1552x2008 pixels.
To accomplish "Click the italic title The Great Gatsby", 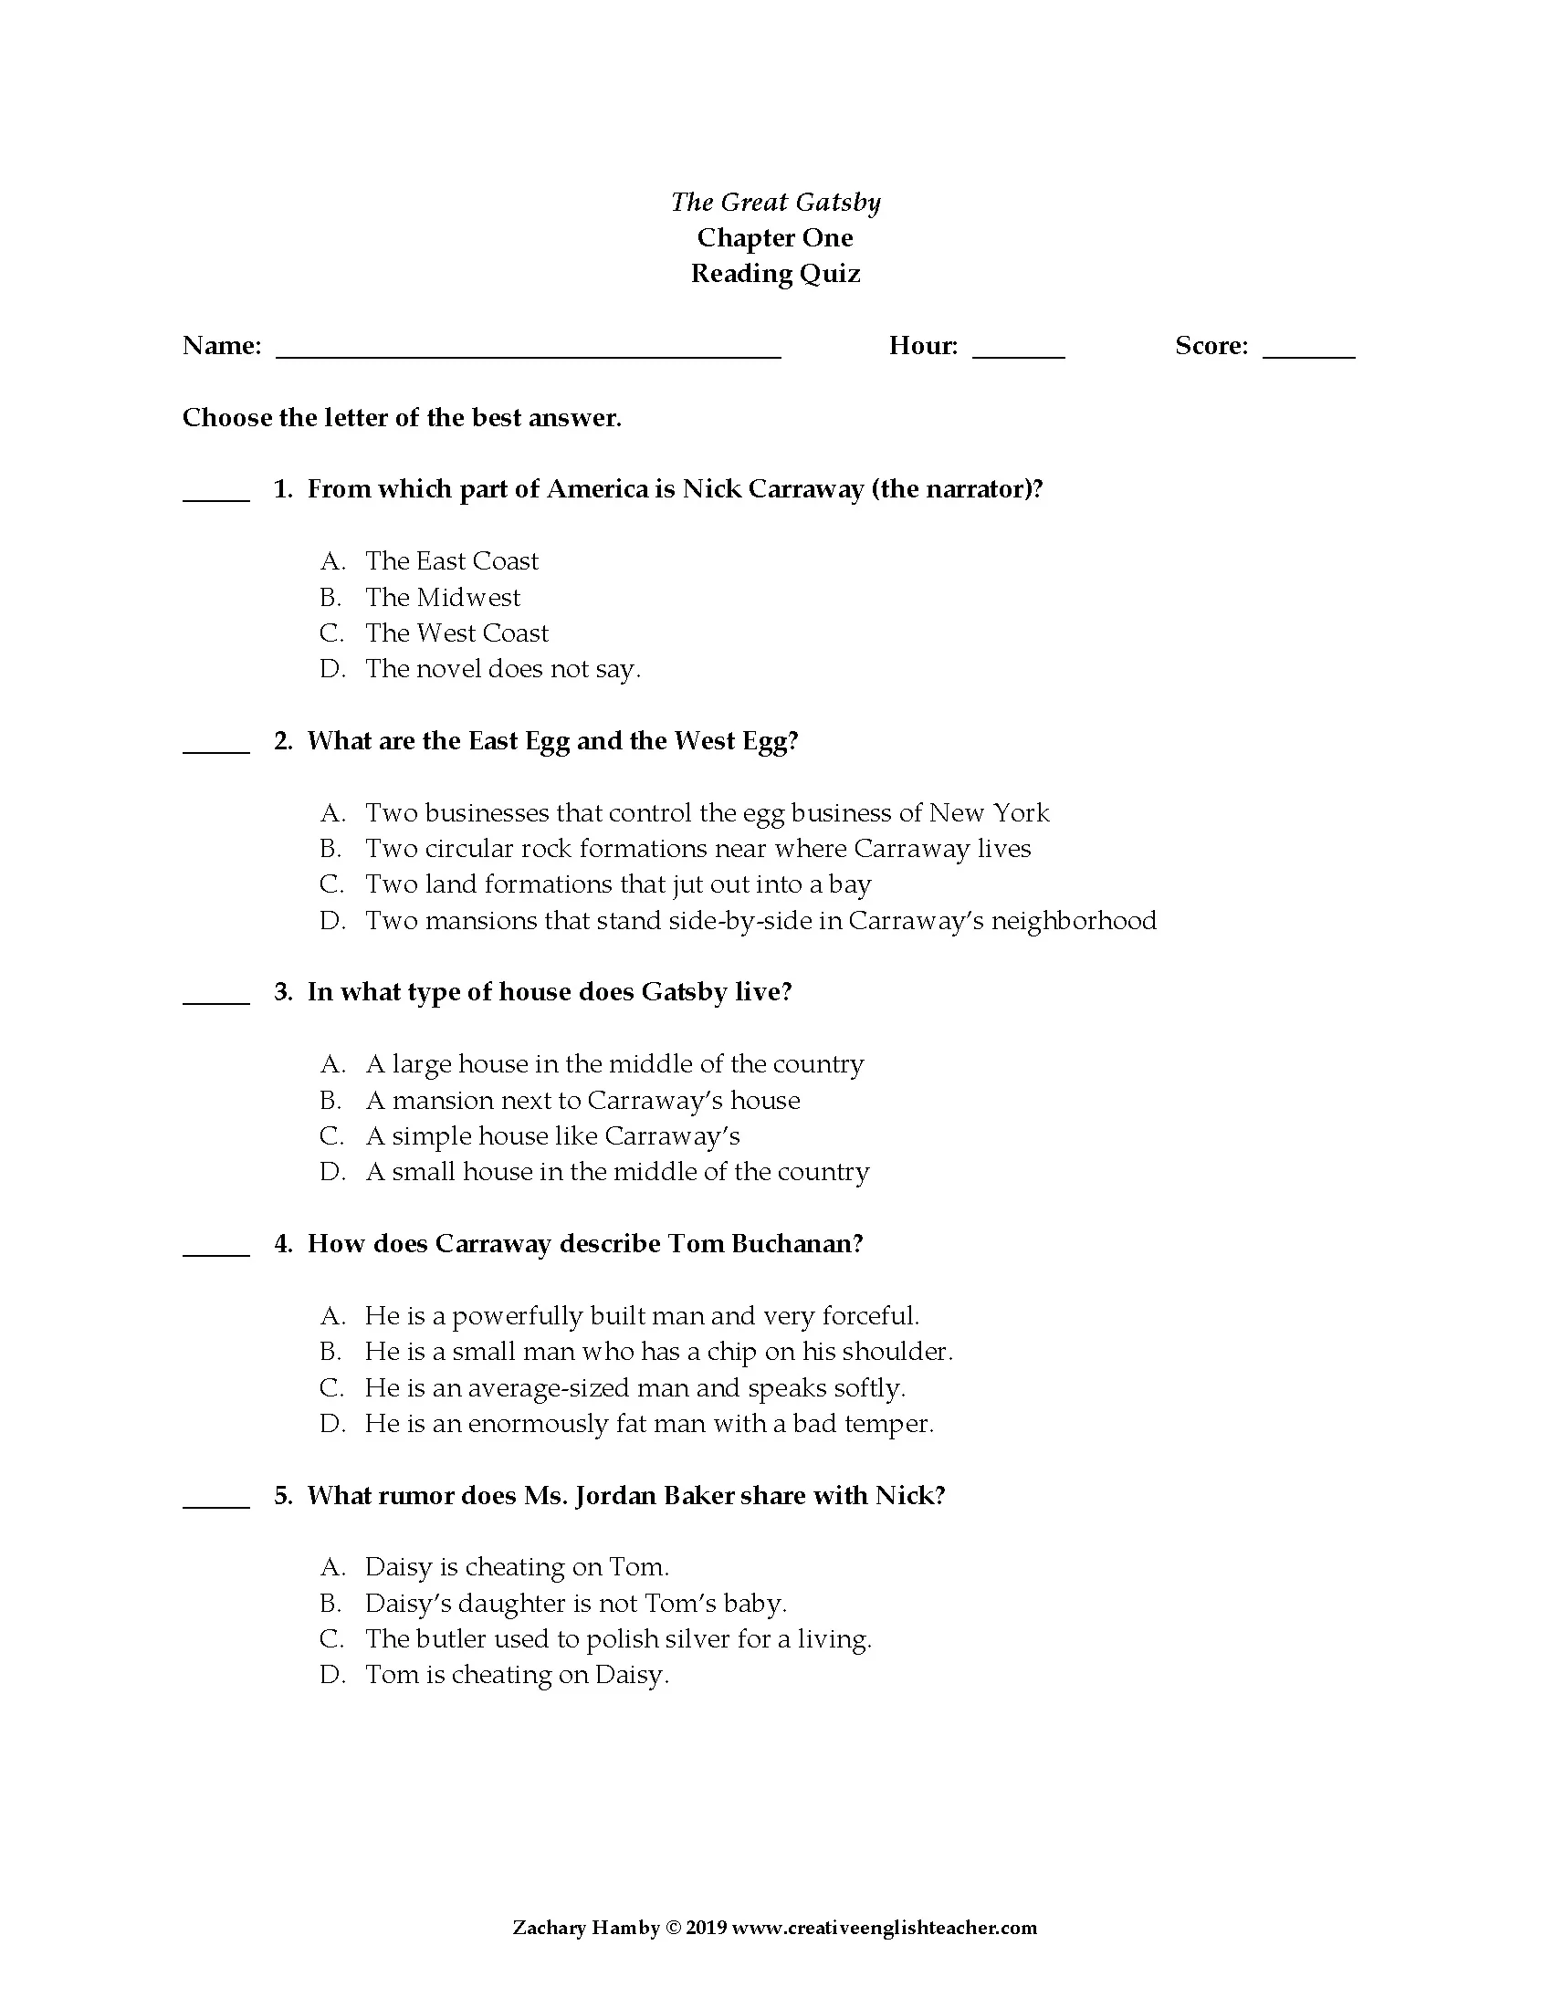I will pos(775,202).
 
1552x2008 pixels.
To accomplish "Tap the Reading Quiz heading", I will pos(775,273).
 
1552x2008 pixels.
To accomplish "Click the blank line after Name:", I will pos(528,352).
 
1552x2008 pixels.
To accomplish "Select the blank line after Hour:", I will pos(1018,352).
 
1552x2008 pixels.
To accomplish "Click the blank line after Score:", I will pos(1308,352).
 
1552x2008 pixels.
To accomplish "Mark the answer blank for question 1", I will pos(216,497).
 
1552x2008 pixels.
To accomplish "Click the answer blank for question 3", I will pos(216,1000).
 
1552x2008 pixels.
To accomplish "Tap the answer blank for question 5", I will pos(216,1504).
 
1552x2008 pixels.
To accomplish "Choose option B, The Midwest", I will pos(442,598).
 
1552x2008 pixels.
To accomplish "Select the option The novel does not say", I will pos(502,668).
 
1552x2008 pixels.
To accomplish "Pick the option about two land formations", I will pos(617,884).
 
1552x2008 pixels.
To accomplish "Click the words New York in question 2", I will pos(989,812).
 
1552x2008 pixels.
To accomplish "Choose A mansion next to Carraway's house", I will pos(582,1101).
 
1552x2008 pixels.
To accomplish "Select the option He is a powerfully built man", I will pos(641,1315).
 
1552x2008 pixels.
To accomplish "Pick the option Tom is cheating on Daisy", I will pos(517,1675).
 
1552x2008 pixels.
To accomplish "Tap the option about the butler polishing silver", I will pos(618,1639).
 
